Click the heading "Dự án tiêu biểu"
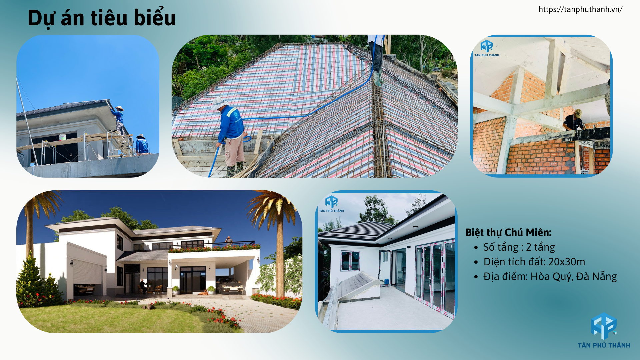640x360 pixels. pyautogui.click(x=102, y=18)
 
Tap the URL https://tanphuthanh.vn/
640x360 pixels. pyautogui.click(x=580, y=9)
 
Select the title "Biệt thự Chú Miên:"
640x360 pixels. pyautogui.click(x=508, y=232)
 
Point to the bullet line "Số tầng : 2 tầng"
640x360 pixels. pyautogui.click(x=519, y=247)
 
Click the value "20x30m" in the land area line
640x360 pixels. pyautogui.click(x=567, y=262)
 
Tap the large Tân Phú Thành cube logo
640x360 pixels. pyautogui.click(x=604, y=326)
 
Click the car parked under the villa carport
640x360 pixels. pyautogui.click(x=230, y=286)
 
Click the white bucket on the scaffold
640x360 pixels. pyautogui.click(x=62, y=137)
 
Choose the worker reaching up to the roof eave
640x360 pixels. pyautogui.click(x=118, y=120)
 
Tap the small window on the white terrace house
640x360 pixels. pyautogui.click(x=350, y=261)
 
